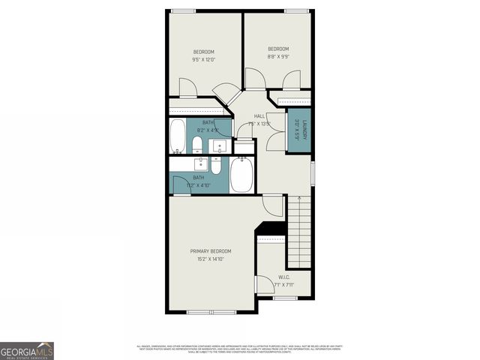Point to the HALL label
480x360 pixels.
click(x=259, y=116)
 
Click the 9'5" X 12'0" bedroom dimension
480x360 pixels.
click(x=204, y=59)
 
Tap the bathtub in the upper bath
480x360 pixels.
click(x=178, y=136)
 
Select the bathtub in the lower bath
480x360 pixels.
click(x=241, y=176)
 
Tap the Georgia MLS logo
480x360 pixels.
click(x=27, y=350)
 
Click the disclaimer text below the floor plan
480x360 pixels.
click(x=240, y=349)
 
